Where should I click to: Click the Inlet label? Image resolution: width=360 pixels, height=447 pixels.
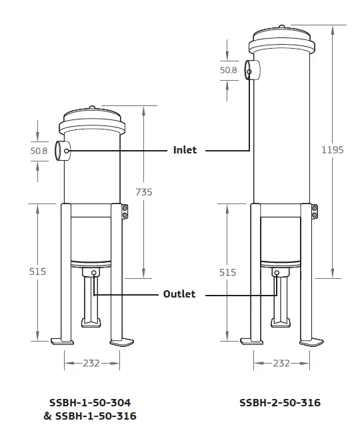pyautogui.click(x=185, y=150)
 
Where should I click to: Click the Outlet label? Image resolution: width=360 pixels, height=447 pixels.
pyautogui.click(x=180, y=294)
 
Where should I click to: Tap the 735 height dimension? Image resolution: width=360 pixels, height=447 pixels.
pyautogui.click(x=143, y=191)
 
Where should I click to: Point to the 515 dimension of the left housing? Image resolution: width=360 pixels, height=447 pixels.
pyautogui.click(x=39, y=272)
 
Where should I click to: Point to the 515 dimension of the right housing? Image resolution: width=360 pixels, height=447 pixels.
pyautogui.click(x=228, y=272)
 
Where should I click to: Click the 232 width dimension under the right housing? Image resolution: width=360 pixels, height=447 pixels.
pyautogui.click(x=281, y=363)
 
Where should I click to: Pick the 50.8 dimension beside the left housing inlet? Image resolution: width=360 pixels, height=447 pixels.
pyautogui.click(x=39, y=151)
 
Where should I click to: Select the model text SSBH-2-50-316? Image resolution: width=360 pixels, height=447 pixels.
pyautogui.click(x=280, y=403)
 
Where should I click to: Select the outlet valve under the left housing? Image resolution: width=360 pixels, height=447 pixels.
pyautogui.click(x=92, y=273)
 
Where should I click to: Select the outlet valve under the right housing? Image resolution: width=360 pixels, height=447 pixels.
pyautogui.click(x=281, y=273)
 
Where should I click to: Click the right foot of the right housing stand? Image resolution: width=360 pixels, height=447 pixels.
pyautogui.click(x=313, y=342)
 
